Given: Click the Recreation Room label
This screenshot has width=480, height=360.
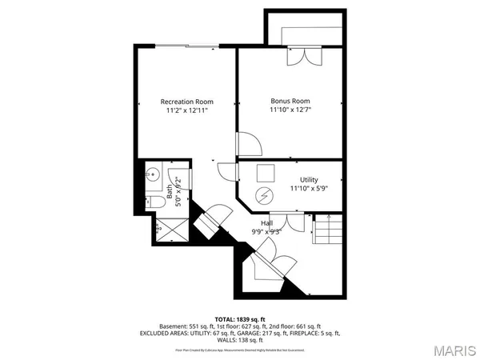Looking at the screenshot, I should [186, 102].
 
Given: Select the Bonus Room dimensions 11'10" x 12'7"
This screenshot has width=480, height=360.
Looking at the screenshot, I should [290, 111].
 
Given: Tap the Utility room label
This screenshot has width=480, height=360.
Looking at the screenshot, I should [309, 179].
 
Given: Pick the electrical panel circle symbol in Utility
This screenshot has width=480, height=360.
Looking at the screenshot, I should [263, 196].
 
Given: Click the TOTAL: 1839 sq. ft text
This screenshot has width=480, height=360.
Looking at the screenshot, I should [240, 319].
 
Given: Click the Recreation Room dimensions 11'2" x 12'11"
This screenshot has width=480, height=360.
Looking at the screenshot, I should [186, 111].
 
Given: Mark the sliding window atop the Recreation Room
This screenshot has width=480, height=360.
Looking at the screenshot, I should [186, 45].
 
